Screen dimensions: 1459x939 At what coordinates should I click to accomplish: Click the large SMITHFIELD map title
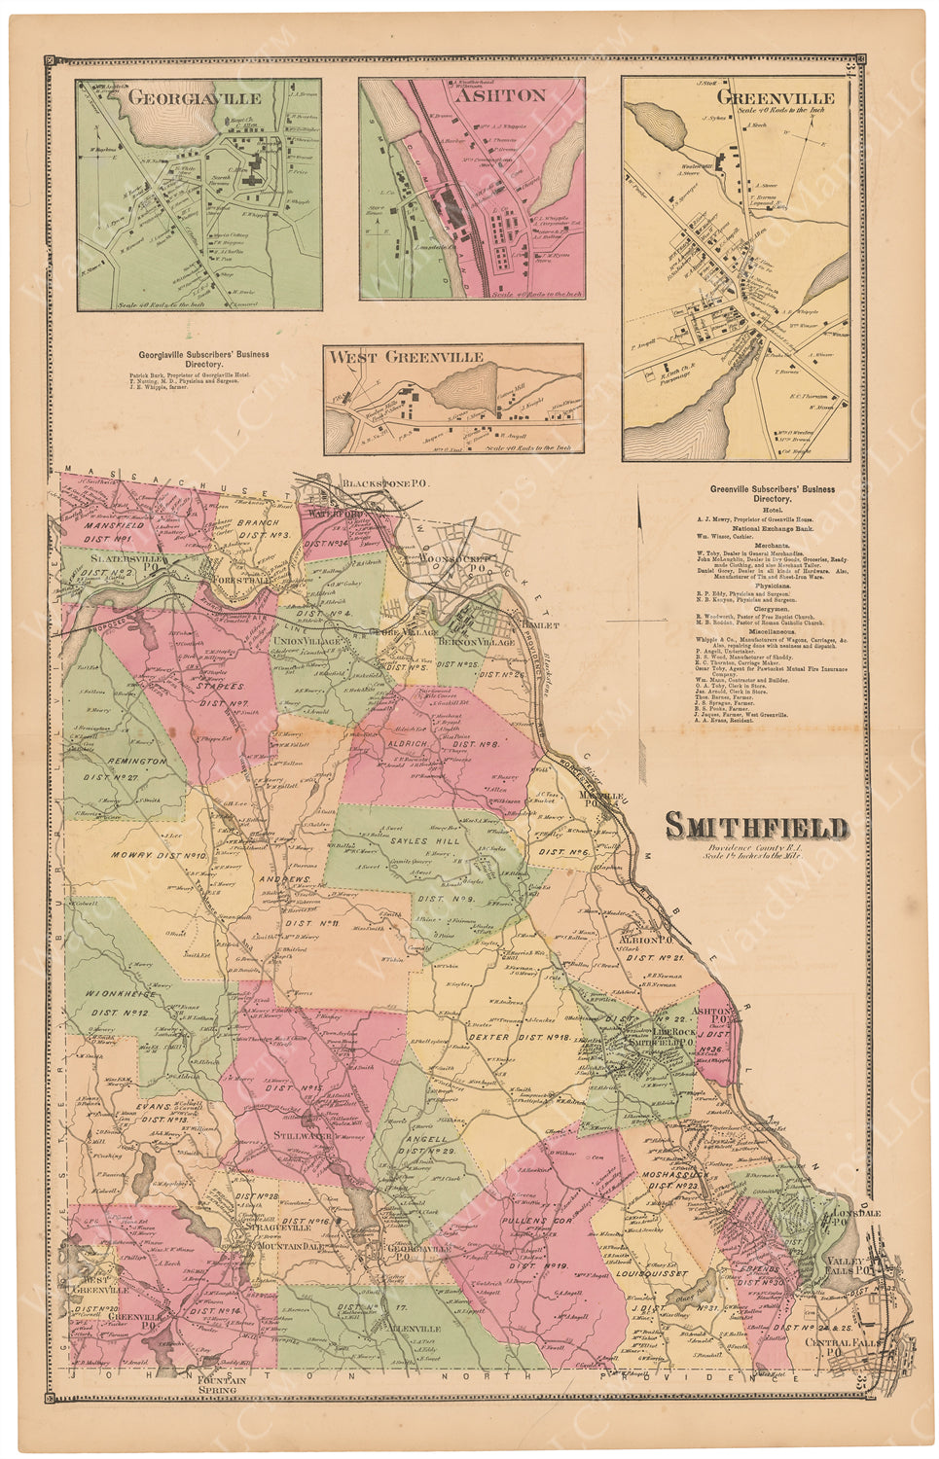pos(756,828)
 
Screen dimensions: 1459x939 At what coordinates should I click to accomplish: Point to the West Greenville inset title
pos(406,357)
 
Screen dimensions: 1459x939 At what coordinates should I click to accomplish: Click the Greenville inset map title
pos(775,98)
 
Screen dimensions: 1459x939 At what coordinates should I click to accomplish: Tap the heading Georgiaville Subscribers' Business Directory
pos(204,360)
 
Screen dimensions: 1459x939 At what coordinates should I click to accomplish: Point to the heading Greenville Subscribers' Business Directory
pos(772,493)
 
